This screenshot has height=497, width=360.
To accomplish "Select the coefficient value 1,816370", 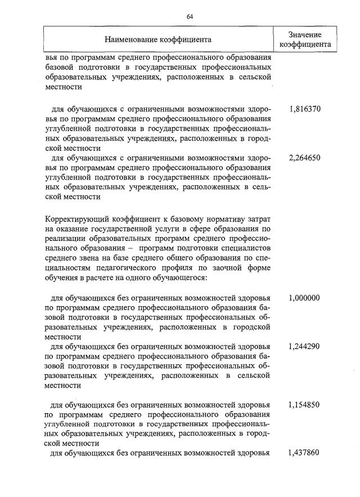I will [x=304, y=109].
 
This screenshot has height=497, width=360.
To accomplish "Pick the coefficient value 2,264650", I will [x=304, y=158].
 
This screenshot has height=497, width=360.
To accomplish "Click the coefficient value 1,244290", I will [x=304, y=347].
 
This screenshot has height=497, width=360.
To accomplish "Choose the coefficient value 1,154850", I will [x=304, y=405].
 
